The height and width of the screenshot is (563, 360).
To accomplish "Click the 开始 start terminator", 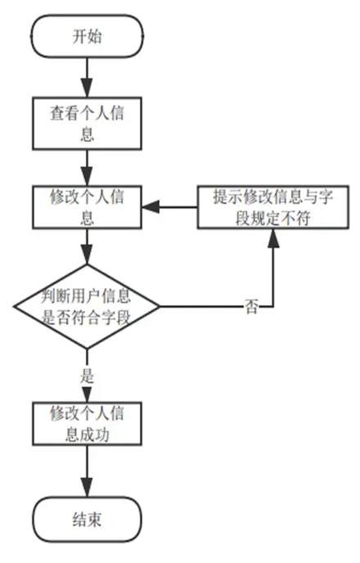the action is click(88, 36).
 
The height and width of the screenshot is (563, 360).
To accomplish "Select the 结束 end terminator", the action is click(88, 519).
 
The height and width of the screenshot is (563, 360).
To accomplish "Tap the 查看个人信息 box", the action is click(88, 123).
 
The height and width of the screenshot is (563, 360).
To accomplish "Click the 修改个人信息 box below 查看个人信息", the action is click(88, 207).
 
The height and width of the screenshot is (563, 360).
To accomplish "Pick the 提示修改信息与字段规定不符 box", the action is click(273, 207).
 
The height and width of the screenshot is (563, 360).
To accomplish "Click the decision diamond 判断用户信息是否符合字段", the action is click(87, 307).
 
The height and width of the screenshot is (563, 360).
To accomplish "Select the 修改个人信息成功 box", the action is click(88, 424).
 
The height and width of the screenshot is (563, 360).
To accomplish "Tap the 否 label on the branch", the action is click(251, 307).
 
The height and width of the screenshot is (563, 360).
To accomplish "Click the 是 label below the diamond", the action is click(87, 376).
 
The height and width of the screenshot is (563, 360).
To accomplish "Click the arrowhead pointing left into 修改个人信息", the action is click(151, 207).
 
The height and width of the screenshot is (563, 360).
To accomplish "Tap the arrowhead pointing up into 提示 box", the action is click(273, 238).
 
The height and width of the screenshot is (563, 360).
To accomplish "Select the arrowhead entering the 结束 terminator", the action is click(87, 488).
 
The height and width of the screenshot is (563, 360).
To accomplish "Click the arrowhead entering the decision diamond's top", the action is click(87, 255).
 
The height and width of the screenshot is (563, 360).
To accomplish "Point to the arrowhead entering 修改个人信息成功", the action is click(87, 394).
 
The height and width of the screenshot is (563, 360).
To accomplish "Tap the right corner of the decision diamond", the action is click(160, 307).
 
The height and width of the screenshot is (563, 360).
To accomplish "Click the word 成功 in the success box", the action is click(95, 435).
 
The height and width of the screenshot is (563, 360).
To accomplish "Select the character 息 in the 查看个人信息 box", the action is click(88, 134).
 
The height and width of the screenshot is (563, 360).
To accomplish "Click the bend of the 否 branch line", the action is click(273, 307).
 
